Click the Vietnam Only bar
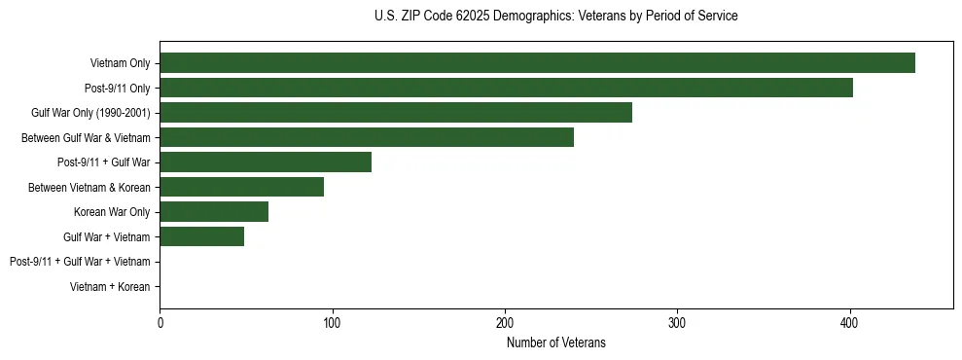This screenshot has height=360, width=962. coord(537,63)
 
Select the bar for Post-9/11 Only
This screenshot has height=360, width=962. coord(506,88)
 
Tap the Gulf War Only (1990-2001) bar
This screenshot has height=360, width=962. coord(396,113)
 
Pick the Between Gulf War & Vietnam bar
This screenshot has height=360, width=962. coord(367,137)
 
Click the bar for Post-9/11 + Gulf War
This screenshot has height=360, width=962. coord(266,162)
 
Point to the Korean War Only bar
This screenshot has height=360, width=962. coord(214,211)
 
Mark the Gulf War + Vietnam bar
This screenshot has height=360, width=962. coord(201,236)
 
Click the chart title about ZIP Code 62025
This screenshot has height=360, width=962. coord(555,17)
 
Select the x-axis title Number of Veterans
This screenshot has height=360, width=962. coord(555,342)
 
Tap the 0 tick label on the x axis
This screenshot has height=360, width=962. coord(160,322)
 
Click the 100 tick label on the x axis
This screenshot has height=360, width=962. coord(333,322)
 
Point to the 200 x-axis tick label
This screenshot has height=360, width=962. coord(505,322)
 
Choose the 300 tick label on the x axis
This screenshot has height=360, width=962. coord(677,322)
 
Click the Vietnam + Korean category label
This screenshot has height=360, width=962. coord(110,286)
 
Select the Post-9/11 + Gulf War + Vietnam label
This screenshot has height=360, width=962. coord(80,261)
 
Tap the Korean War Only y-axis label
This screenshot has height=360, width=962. coord(112,212)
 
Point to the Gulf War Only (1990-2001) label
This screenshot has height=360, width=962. coord(90,113)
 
